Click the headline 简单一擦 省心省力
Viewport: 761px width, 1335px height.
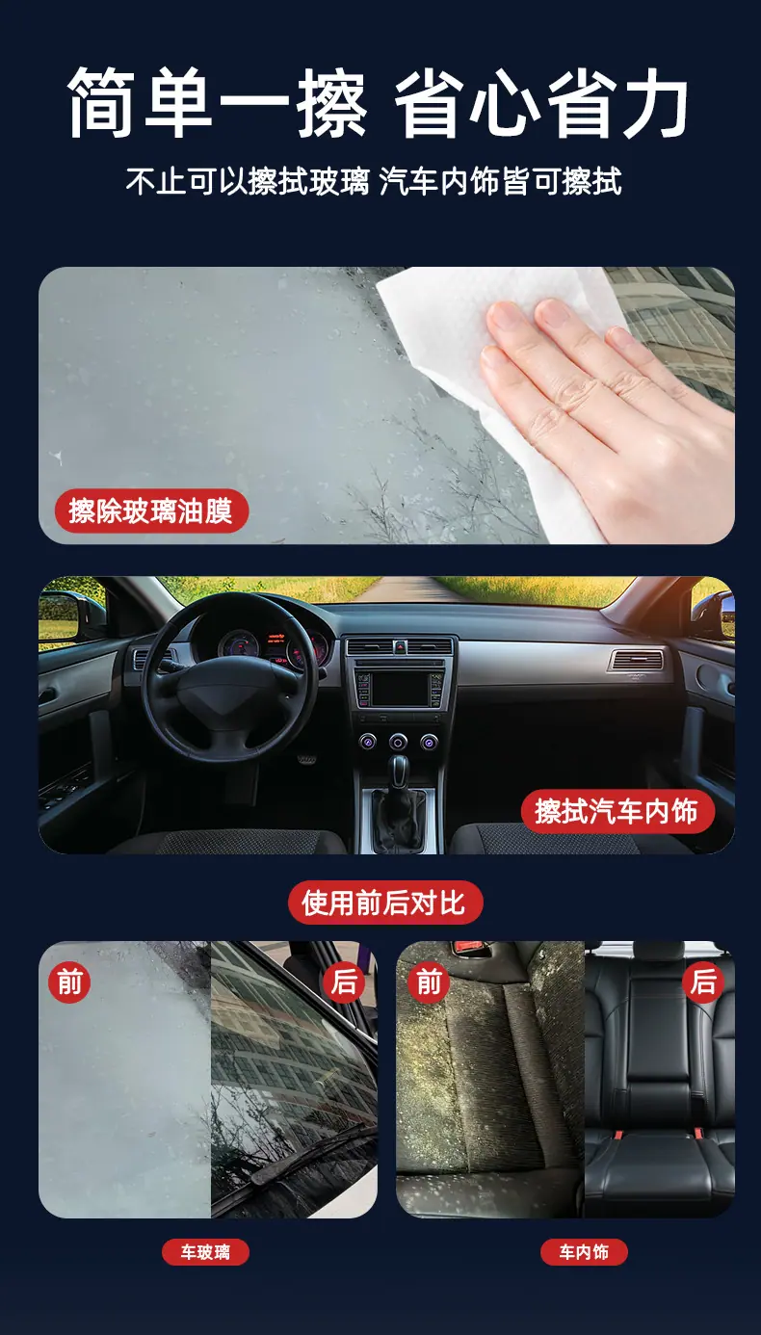click(378, 102)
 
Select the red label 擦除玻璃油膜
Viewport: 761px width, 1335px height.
click(151, 510)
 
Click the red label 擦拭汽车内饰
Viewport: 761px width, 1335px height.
click(617, 811)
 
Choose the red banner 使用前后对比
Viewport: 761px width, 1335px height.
click(385, 903)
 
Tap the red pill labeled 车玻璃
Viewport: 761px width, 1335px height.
click(205, 1251)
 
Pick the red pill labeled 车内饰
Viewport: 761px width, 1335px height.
click(584, 1251)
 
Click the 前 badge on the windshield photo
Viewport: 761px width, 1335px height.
click(69, 982)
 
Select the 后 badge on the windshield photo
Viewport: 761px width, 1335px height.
click(344, 982)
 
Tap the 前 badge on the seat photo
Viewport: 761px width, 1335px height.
click(428, 982)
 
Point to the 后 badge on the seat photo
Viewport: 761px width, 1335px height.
click(703, 982)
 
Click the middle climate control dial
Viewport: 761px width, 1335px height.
click(398, 742)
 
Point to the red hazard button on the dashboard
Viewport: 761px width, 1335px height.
click(399, 646)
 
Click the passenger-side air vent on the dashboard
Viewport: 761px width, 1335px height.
click(637, 661)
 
